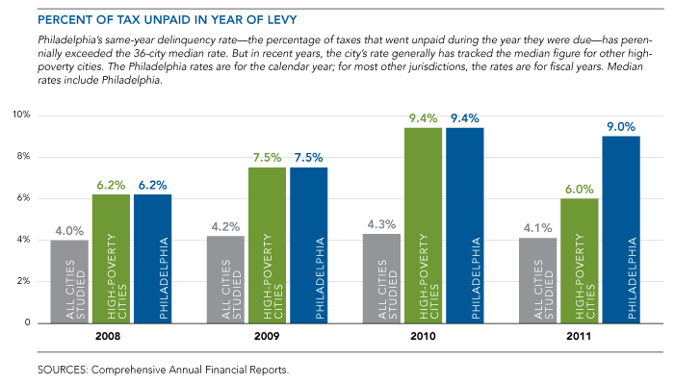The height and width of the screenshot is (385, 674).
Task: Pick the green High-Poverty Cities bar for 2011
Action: pos(579,260)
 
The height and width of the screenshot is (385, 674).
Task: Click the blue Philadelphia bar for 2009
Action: pos(308,244)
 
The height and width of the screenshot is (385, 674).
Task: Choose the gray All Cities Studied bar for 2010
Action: pos(381,278)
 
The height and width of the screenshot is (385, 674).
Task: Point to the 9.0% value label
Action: pos(620,124)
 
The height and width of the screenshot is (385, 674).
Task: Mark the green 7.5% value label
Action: pos(267,156)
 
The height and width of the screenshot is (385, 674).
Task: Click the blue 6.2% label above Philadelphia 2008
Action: pos(152,183)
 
